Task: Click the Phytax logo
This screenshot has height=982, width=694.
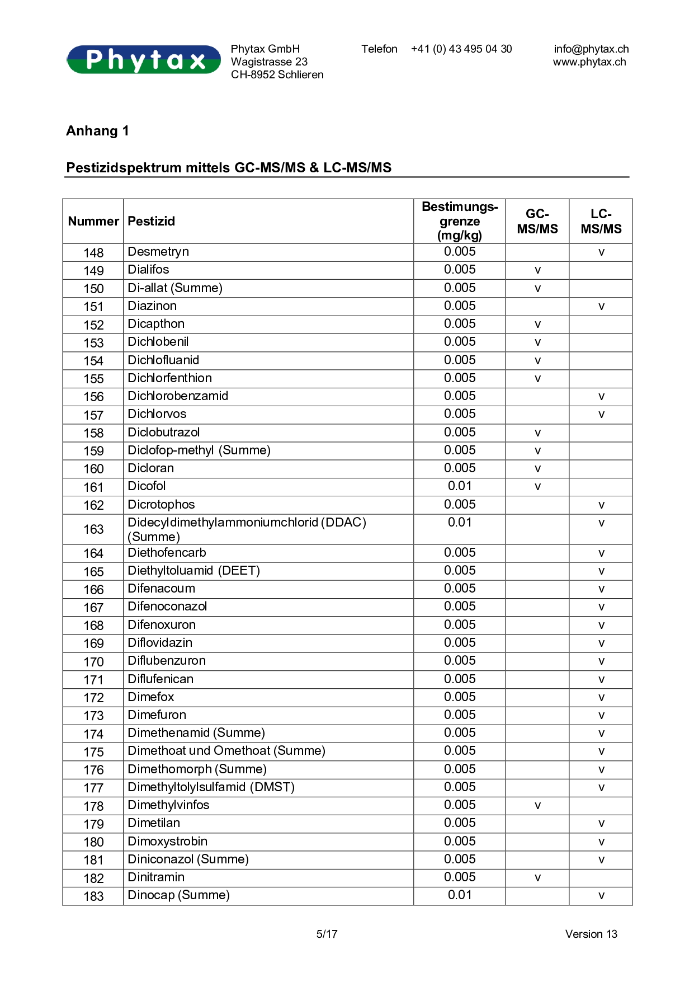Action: click(144, 59)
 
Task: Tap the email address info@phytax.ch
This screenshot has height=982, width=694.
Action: click(591, 49)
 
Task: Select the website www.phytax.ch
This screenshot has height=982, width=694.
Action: click(589, 62)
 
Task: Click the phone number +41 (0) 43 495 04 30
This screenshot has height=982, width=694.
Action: click(461, 49)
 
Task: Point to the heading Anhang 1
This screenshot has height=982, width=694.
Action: click(97, 131)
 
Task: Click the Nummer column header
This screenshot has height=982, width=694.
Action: click(93, 221)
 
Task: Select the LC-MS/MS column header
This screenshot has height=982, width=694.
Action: click(601, 221)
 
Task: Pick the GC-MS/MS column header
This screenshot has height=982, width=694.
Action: click(537, 221)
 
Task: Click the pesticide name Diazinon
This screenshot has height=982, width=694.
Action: click(152, 306)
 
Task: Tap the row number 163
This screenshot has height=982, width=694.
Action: click(93, 529)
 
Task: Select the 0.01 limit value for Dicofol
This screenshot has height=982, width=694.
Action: click(460, 486)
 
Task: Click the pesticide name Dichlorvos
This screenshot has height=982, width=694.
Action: click(157, 414)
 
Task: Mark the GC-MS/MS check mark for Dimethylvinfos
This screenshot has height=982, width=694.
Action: click(537, 806)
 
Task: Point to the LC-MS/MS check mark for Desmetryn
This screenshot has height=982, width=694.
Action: click(601, 252)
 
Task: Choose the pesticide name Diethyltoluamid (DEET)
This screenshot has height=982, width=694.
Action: click(194, 571)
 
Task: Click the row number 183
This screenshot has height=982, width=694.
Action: click(93, 896)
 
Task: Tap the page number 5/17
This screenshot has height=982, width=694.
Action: click(327, 934)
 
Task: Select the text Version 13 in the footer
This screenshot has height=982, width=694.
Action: click(591, 934)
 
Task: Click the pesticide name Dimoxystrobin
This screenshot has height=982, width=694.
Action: click(168, 842)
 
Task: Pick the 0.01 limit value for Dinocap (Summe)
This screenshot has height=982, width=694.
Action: click(460, 895)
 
